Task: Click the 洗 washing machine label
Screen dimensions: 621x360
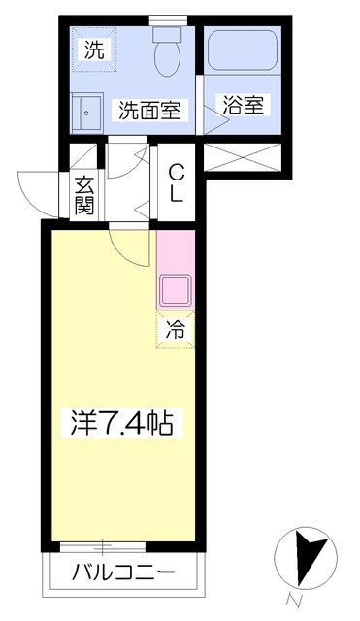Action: click(92, 49)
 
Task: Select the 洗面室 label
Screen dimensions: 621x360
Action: click(149, 110)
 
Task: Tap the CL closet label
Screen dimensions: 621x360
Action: click(177, 182)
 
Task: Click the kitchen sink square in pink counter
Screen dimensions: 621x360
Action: click(176, 290)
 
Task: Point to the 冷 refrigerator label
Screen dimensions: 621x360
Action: click(175, 329)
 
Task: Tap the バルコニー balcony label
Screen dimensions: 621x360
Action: click(122, 572)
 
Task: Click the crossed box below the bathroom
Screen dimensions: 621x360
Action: click(243, 159)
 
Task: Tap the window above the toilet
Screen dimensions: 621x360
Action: click(168, 18)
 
